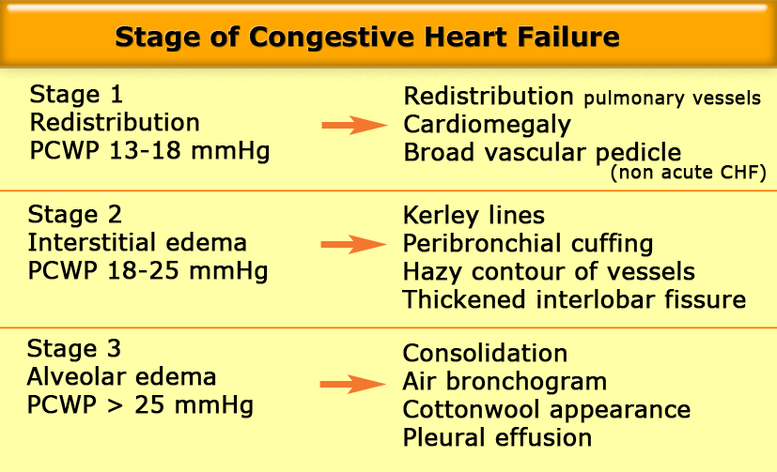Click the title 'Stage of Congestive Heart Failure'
(x=367, y=37)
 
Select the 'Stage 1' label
(x=76, y=94)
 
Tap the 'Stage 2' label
(x=75, y=214)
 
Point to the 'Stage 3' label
(x=74, y=348)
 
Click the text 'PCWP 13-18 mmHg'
(x=149, y=150)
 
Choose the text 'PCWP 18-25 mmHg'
(x=148, y=270)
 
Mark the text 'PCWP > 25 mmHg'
(x=140, y=404)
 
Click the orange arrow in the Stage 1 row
(x=354, y=125)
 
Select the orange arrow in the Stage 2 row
(x=353, y=244)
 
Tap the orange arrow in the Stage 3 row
(x=352, y=384)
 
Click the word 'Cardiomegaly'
(x=487, y=125)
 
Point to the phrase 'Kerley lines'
(x=474, y=216)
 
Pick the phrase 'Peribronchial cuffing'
(x=528, y=244)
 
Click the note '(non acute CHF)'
(x=689, y=172)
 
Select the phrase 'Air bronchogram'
(x=505, y=382)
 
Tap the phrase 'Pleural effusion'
(x=497, y=437)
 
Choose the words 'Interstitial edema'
(x=137, y=242)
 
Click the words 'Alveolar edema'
(x=121, y=376)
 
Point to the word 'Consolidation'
(x=485, y=353)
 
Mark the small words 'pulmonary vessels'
(x=672, y=98)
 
